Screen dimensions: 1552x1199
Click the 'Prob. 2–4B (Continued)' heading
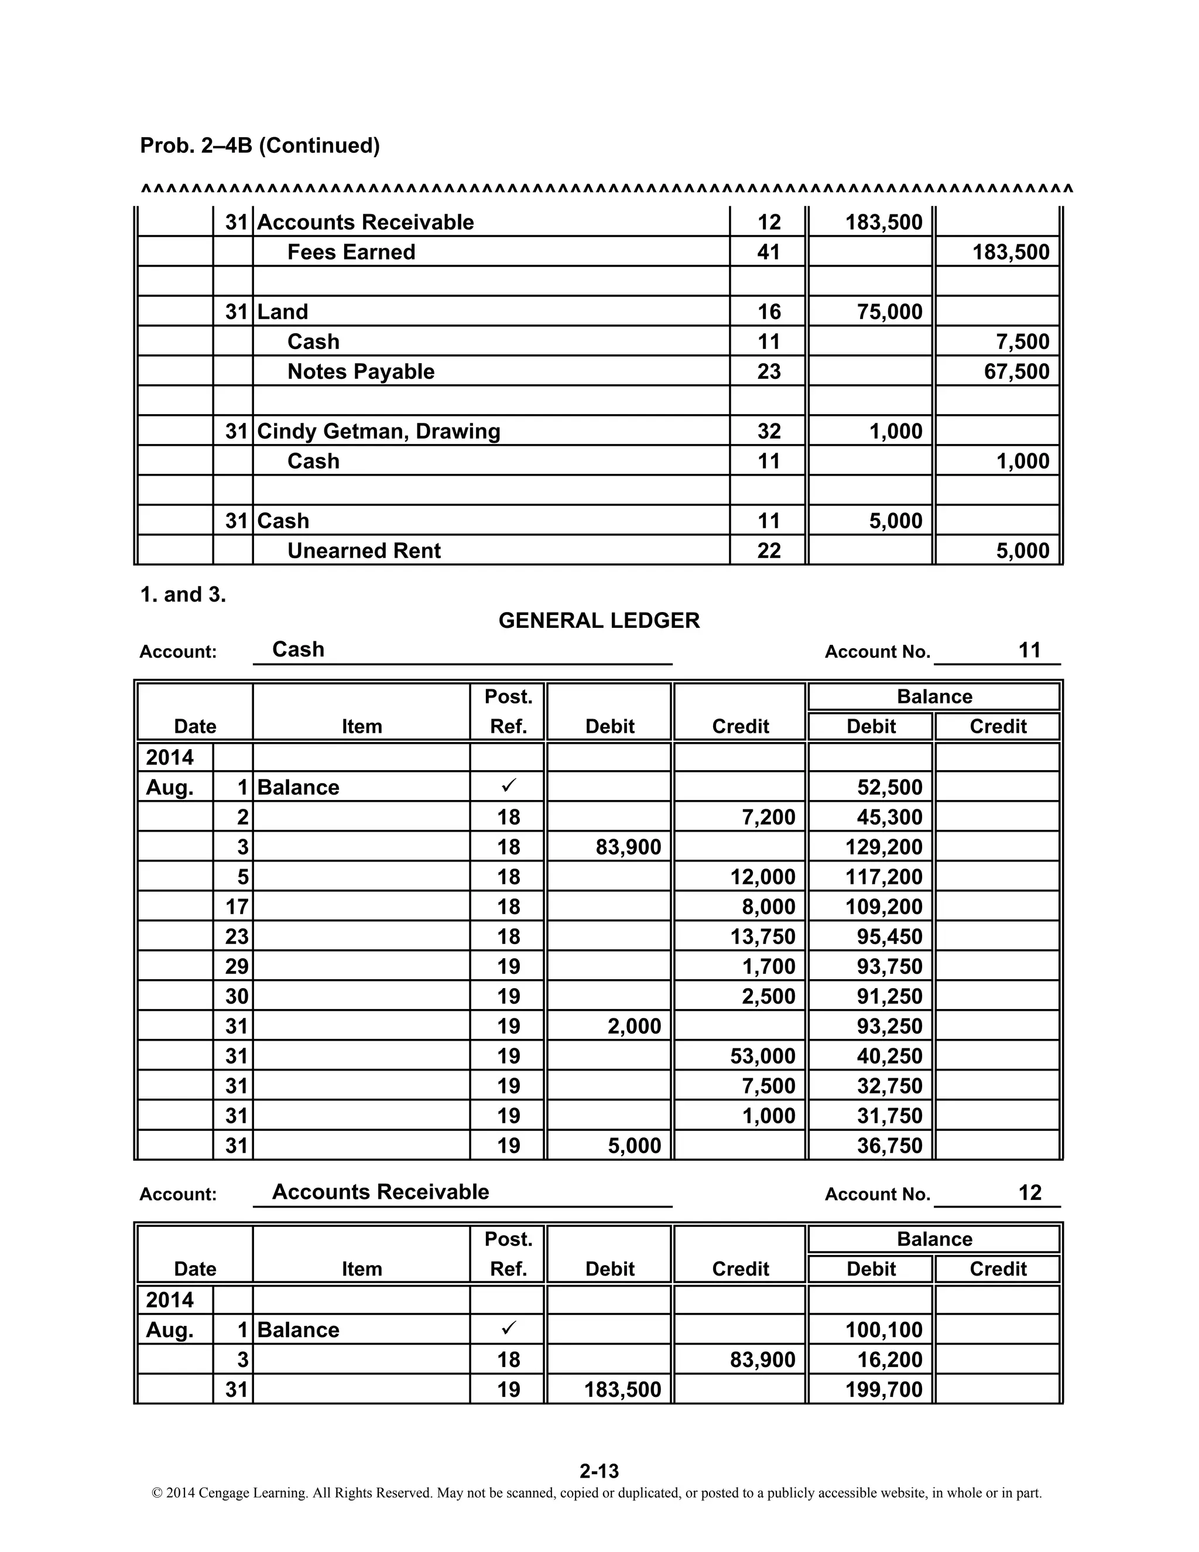260,145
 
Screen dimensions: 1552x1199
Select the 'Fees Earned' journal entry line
351,252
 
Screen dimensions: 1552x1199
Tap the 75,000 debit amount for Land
889,312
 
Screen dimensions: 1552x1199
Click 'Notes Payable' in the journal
361,372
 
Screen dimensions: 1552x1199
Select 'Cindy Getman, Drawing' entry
379,432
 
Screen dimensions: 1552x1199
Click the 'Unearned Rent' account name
364,551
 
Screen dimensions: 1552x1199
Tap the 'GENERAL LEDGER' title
599,620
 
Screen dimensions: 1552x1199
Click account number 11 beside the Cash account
1029,650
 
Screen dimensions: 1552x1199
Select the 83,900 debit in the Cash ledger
628,847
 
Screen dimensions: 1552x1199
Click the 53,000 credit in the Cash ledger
762,1056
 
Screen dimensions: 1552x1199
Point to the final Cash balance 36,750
889,1146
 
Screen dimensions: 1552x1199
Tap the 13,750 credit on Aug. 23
762,936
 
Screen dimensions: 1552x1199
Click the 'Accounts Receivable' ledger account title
381,1192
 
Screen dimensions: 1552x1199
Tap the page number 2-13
599,1471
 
